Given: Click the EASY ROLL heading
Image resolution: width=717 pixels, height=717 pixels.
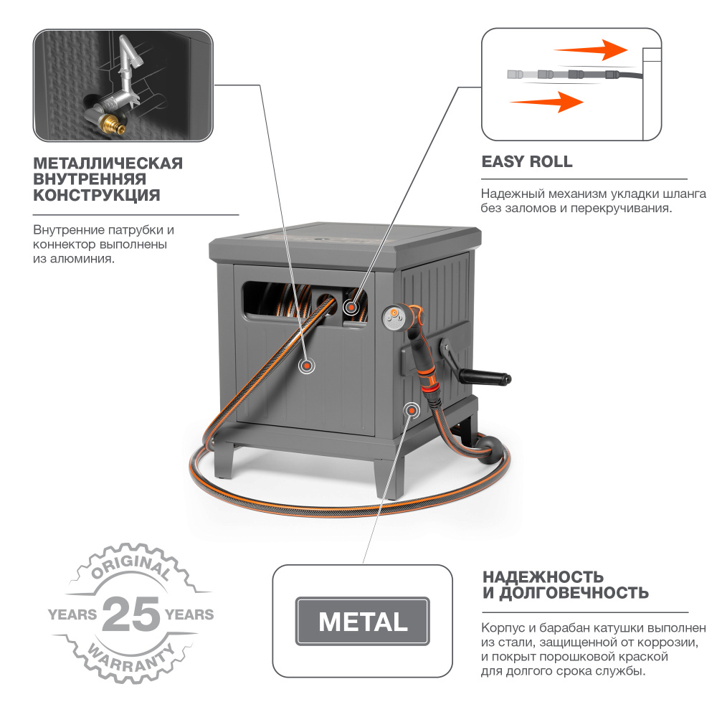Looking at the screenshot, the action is [x=527, y=162].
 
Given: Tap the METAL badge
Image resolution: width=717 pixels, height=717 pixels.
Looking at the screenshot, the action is [x=363, y=622].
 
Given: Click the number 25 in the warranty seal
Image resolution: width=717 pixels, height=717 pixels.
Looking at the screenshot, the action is [x=131, y=614].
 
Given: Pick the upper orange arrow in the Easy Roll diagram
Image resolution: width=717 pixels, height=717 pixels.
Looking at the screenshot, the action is [x=591, y=50].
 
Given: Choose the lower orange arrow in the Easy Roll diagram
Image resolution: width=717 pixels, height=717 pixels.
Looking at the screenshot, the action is [x=546, y=102].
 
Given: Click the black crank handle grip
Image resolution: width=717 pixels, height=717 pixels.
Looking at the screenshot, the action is [x=485, y=377].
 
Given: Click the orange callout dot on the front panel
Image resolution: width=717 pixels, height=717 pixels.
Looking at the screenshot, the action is [x=306, y=366].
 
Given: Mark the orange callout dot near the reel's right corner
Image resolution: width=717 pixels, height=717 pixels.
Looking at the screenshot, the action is [x=412, y=411].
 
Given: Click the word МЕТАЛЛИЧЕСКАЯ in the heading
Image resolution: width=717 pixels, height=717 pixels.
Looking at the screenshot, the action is [x=108, y=163].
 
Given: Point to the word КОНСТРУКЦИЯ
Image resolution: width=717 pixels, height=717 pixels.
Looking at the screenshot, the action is [x=97, y=195].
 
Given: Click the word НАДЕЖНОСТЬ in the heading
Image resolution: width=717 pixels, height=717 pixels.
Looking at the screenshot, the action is [x=543, y=576].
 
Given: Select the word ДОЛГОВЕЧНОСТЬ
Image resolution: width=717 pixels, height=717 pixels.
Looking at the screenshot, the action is [x=574, y=593].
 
